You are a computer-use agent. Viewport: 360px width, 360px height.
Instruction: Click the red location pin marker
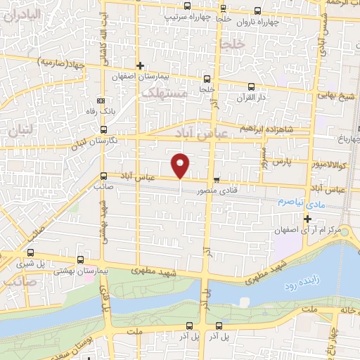181,165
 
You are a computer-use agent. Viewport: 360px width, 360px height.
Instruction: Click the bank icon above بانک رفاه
101,99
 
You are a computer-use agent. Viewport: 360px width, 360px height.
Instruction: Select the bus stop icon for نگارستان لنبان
104,130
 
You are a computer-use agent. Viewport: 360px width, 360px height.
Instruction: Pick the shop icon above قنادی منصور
217,179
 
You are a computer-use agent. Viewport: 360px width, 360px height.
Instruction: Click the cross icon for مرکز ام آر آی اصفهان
307,219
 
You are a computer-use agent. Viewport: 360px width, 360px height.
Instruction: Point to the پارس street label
282,162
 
